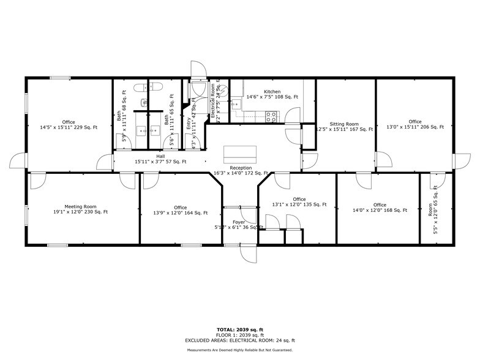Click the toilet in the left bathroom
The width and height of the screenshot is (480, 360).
point(138,87)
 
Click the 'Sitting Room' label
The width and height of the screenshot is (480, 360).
point(344,124)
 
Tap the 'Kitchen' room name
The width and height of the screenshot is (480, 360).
point(272,91)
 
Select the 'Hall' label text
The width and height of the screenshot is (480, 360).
point(160,157)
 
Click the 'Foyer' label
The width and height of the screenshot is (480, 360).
point(239,222)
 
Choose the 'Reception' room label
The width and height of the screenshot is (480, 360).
point(241,168)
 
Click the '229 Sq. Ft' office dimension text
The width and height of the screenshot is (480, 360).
point(69,127)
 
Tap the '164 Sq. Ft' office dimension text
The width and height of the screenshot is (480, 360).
point(180,213)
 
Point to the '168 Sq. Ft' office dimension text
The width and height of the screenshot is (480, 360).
point(380,211)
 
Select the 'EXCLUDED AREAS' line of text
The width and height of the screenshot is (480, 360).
point(240,340)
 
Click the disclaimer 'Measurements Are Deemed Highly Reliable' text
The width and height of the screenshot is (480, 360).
point(240,350)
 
